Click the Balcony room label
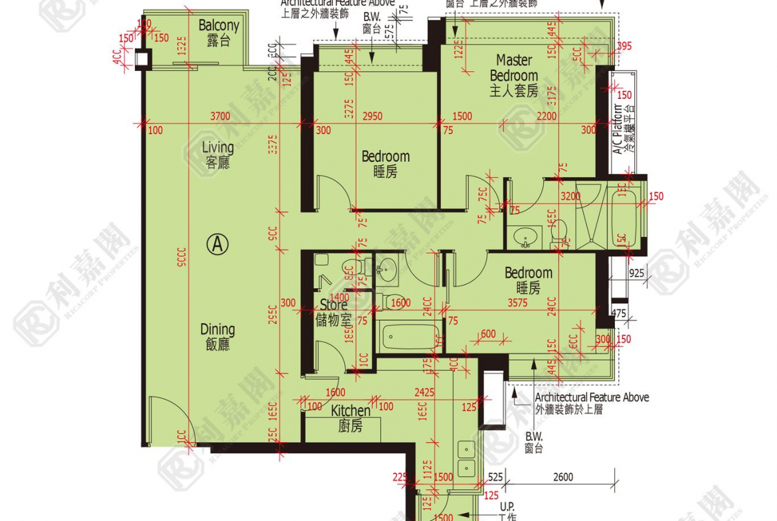pyautogui.click(x=218, y=33)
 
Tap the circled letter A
pyautogui.click(x=216, y=245)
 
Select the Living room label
pyautogui.click(x=218, y=154)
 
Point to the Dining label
pyautogui.click(x=218, y=336)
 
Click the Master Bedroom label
pyautogui.click(x=514, y=75)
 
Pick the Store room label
pyautogui.click(x=333, y=312)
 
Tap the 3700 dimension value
pyautogui.click(x=220, y=116)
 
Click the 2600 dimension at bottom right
pyautogui.click(x=562, y=477)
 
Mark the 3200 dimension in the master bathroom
pyautogui.click(x=570, y=196)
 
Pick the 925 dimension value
pyautogui.click(x=636, y=273)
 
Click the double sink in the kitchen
pyautogui.click(x=467, y=459)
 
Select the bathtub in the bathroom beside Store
pyautogui.click(x=409, y=337)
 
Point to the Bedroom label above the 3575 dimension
pyautogui.click(x=528, y=279)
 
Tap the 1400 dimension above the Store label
pyautogui.click(x=339, y=298)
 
